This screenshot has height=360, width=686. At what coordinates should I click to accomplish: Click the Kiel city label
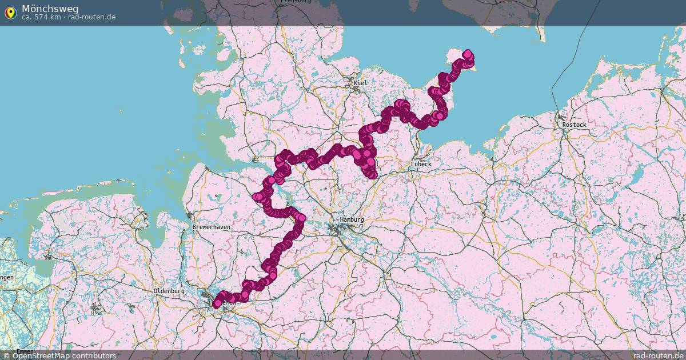click(360, 83)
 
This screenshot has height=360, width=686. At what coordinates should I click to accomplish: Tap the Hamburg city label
click(352, 219)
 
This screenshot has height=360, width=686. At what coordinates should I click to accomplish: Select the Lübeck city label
click(421, 164)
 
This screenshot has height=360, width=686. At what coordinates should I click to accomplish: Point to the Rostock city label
click(574, 125)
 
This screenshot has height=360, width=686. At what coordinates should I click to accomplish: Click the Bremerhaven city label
click(211, 227)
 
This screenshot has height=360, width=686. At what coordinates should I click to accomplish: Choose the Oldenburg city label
click(169, 291)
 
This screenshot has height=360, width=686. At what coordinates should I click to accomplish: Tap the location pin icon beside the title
click(10, 12)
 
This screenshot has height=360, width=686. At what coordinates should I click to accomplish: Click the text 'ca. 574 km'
click(41, 17)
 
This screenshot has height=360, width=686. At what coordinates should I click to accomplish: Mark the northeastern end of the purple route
click(468, 54)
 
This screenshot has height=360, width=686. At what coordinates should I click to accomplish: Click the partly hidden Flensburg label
click(296, 2)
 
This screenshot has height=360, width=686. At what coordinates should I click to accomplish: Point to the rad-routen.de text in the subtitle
click(91, 17)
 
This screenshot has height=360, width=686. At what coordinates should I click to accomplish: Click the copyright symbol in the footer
click(6, 355)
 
